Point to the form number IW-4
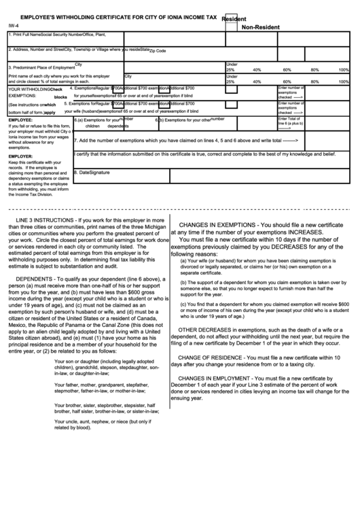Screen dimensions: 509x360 coord(14,27)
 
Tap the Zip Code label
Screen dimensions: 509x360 coord(157,50)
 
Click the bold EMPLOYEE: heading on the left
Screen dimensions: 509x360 coord(21,119)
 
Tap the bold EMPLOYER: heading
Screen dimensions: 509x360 coord(21,156)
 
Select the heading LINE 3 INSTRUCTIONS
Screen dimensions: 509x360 coord(48,222)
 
